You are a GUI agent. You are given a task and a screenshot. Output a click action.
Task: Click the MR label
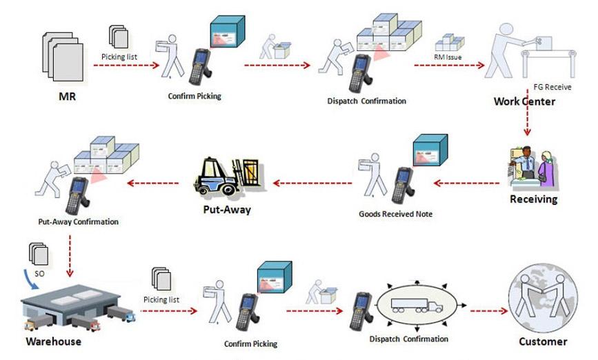(x=66, y=97)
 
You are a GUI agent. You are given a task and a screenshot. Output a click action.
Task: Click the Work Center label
(x=524, y=101)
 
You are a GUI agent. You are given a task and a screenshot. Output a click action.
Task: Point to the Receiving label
(x=533, y=199)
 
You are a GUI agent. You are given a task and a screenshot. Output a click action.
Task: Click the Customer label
(x=543, y=341)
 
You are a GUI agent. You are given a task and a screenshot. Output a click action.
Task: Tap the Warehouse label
(x=53, y=341)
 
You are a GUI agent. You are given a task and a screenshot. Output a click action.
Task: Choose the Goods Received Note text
(x=396, y=214)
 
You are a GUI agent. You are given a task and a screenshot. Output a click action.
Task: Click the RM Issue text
(x=448, y=58)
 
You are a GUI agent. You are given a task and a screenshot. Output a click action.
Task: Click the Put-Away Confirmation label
(x=78, y=222)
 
